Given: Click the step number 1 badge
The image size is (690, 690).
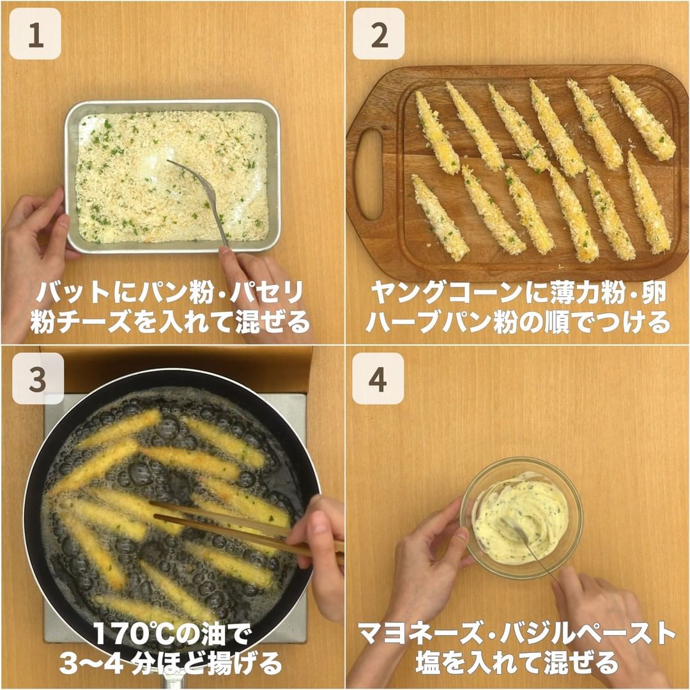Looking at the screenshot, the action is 35,34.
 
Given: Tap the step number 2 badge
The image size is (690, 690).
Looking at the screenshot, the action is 378,34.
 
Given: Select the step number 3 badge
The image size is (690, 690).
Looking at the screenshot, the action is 38,378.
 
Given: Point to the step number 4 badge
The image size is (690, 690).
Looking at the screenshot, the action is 378,378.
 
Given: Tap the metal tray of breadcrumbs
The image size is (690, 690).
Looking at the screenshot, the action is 172,177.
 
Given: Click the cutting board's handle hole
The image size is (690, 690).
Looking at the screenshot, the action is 369,174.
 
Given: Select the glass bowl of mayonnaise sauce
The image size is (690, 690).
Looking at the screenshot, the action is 521,517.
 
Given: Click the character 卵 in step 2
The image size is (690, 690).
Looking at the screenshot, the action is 653,293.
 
